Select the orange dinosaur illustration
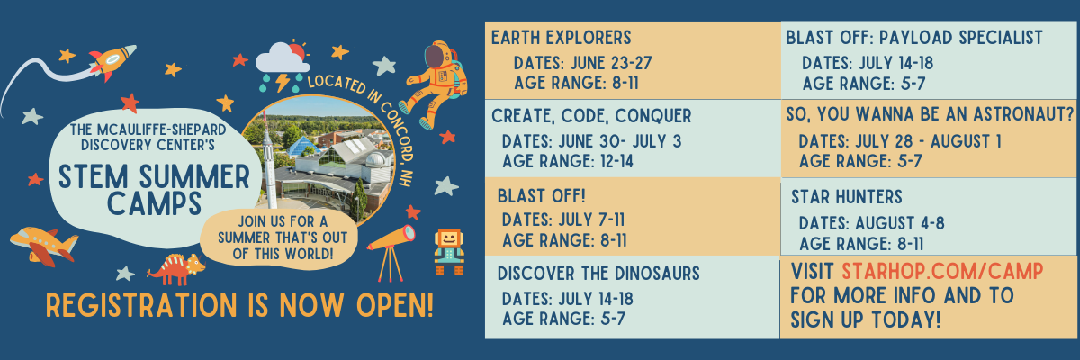(176, 269)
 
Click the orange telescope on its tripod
(391, 252)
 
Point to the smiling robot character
(449, 252)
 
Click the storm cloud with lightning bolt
(282, 66)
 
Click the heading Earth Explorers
(562, 38)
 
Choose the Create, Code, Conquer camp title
(591, 116)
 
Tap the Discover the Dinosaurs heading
(598, 274)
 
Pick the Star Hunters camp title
(847, 196)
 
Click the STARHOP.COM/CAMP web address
(942, 271)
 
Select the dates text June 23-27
(611, 63)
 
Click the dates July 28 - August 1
(929, 141)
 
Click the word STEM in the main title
(94, 176)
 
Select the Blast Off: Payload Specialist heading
(914, 38)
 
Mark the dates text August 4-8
(900, 223)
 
